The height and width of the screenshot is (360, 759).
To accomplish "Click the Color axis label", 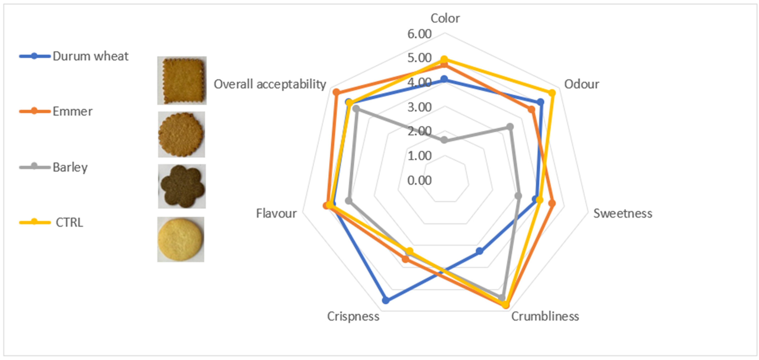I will (x=445, y=18).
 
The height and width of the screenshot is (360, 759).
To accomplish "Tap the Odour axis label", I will (x=581, y=84).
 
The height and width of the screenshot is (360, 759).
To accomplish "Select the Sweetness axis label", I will (x=623, y=213).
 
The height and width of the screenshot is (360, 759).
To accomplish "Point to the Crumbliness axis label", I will (x=545, y=316).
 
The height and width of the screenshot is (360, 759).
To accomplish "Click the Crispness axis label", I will (x=353, y=316).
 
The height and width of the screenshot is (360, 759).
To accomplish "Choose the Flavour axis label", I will (x=276, y=213).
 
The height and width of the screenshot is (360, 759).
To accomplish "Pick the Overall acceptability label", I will (x=270, y=84).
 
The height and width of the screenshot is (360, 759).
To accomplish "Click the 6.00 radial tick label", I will (x=419, y=34).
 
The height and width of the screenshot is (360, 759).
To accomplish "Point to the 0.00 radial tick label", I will (x=419, y=180).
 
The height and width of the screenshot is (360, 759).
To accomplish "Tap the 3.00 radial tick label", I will (x=419, y=107).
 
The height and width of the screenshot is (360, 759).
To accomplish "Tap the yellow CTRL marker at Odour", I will (x=552, y=93).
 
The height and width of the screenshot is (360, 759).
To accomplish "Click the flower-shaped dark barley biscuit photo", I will (x=182, y=186).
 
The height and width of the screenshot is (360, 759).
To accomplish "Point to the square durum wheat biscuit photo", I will (x=182, y=80).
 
